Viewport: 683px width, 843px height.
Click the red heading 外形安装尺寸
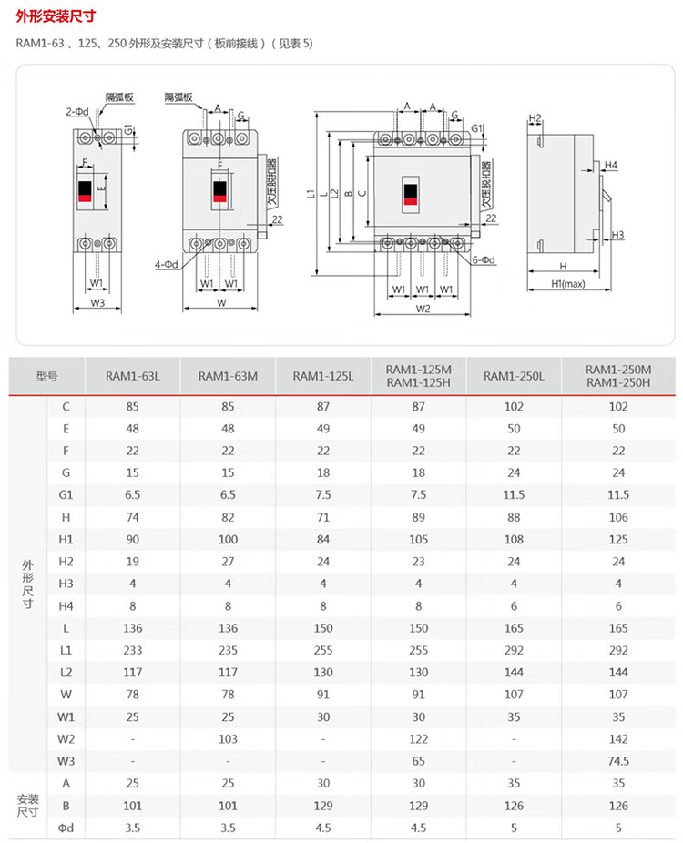[56, 16]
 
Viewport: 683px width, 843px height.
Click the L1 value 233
[132, 651]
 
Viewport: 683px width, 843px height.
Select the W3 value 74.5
[618, 760]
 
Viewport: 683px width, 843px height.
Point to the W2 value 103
[228, 738]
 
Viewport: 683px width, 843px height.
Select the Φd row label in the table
[66, 826]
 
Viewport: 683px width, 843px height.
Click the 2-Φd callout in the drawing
[76, 111]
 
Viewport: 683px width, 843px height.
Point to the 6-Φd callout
[484, 260]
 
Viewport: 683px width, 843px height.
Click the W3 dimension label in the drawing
[97, 302]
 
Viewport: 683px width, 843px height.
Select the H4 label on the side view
[611, 165]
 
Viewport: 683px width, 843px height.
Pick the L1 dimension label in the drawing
[311, 194]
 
